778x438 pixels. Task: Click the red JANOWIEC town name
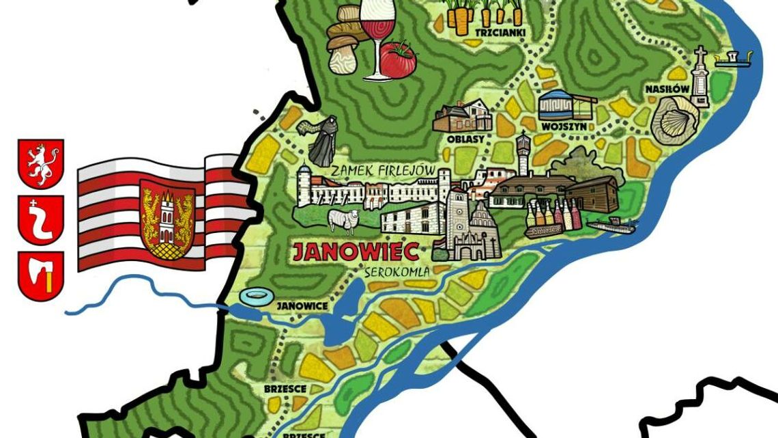[355, 251]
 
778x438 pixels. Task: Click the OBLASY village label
[465, 139]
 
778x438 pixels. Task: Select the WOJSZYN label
[562, 127]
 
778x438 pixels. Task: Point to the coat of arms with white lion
[40, 163]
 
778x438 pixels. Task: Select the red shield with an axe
[40, 275]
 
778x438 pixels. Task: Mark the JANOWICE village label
[302, 307]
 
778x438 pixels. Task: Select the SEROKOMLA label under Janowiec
[396, 272]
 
